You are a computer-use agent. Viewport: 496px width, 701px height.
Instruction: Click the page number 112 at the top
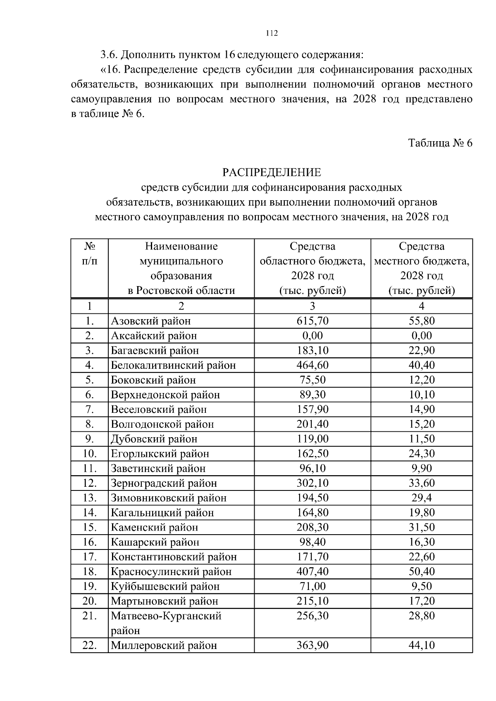271,33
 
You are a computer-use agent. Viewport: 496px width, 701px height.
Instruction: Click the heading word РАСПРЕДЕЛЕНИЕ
271,172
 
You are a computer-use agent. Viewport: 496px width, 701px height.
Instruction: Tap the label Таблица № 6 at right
440,143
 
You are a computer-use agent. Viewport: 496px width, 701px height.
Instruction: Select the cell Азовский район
150,321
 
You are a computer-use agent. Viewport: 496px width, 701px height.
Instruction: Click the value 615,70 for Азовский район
312,321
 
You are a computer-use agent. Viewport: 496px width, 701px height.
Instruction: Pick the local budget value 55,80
422,321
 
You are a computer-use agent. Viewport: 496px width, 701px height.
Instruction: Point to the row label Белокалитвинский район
173,365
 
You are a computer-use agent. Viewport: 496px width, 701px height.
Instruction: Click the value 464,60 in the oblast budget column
312,365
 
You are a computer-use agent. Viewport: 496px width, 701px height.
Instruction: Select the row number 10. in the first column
90,454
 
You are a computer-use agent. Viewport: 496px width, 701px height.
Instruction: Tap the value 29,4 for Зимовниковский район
422,498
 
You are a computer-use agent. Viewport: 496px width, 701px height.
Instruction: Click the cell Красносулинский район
171,572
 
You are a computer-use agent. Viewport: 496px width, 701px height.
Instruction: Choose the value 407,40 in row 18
312,572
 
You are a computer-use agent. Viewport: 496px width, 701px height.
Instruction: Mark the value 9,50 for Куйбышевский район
422,587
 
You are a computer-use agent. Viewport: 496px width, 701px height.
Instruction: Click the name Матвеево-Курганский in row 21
166,616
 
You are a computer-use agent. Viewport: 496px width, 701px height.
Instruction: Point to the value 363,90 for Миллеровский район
312,645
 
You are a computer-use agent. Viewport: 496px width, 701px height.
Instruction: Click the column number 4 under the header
422,306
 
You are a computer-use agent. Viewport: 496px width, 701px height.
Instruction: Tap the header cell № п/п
90,254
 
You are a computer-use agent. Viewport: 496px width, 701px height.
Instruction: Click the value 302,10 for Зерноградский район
312,483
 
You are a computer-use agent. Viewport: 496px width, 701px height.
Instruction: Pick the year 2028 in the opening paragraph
364,99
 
